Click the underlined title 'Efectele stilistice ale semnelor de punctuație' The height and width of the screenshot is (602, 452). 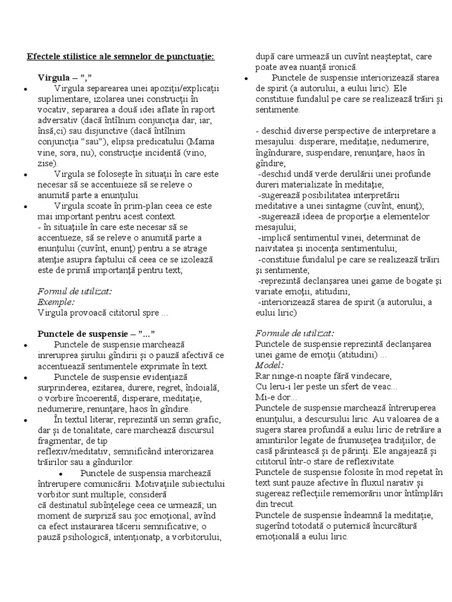(121, 56)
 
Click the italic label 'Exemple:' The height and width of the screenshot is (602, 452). (56, 302)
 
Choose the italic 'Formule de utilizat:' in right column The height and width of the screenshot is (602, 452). (295, 332)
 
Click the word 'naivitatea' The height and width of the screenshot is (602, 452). (280, 248)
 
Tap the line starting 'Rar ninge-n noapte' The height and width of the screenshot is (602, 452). (323, 375)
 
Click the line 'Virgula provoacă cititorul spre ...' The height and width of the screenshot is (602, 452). (102, 312)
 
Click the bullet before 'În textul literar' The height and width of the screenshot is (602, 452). (25, 420)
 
